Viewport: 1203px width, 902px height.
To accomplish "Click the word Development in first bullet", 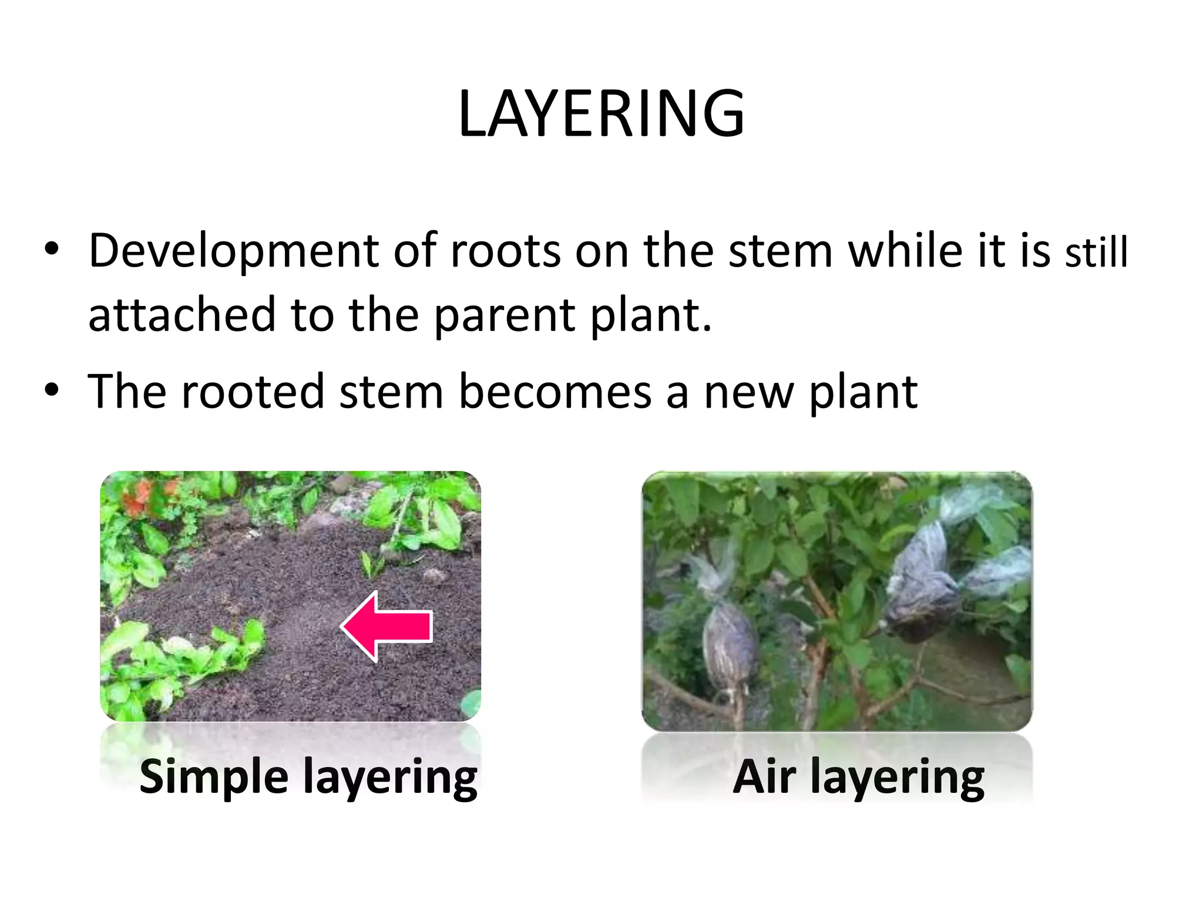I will (233, 251).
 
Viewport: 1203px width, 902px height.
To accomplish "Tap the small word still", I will (1097, 253).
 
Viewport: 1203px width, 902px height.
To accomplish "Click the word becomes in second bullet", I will (555, 392).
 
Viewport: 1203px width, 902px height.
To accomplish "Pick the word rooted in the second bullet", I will (253, 392).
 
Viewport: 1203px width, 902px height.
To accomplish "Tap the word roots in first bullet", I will (505, 251).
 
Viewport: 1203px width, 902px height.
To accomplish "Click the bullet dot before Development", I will (52, 249).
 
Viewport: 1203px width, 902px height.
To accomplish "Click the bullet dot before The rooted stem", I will (52, 389).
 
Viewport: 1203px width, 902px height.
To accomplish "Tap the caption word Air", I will (764, 776).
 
